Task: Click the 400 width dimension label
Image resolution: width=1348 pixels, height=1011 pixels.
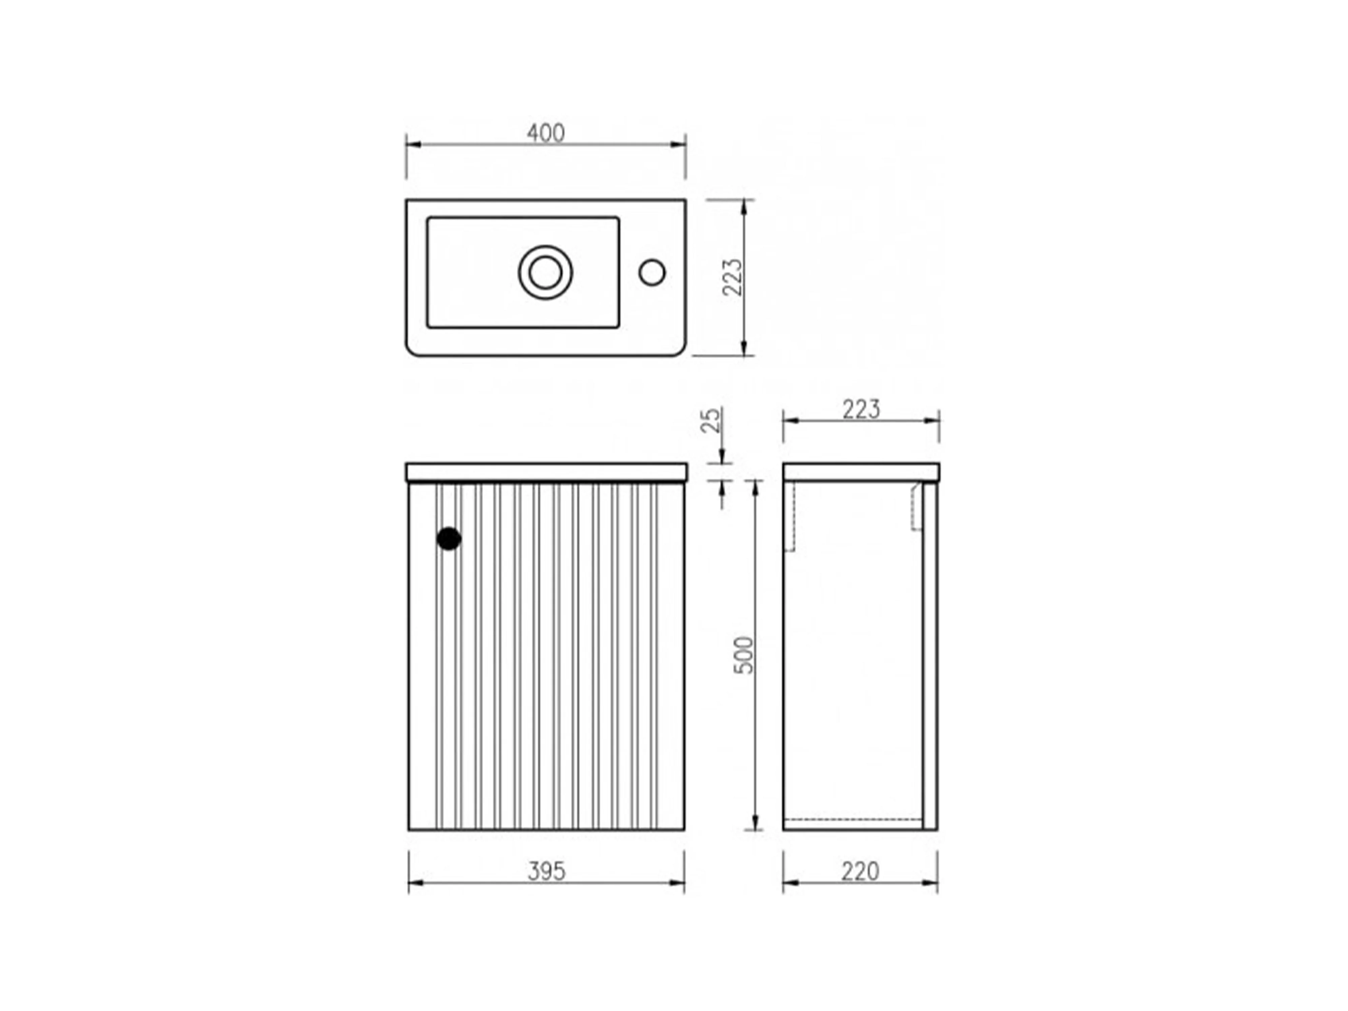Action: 546,133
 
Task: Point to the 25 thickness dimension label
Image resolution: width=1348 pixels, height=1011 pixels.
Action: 710,421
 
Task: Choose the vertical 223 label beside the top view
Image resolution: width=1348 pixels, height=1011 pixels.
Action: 733,277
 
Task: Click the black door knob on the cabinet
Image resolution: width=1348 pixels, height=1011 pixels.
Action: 449,539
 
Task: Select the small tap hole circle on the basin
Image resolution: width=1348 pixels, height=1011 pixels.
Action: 652,272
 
